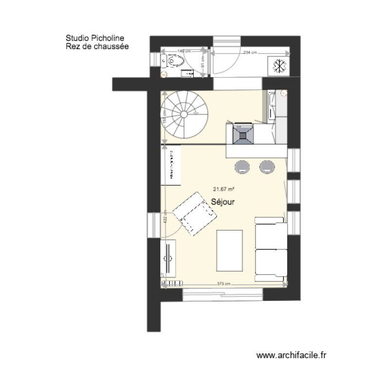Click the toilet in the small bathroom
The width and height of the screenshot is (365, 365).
click(175, 61)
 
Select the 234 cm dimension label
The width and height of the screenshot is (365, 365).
click(250, 53)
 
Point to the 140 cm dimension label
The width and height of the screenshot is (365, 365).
click(184, 51)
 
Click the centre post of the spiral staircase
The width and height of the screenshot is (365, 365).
click(184, 114)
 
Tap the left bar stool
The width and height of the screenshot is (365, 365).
click(243, 167)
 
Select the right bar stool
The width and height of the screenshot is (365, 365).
click(267, 167)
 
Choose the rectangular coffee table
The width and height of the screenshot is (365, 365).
click(229, 250)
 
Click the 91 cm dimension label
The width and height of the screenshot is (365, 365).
click(201, 61)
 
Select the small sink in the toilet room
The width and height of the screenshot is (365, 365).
click(187, 74)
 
